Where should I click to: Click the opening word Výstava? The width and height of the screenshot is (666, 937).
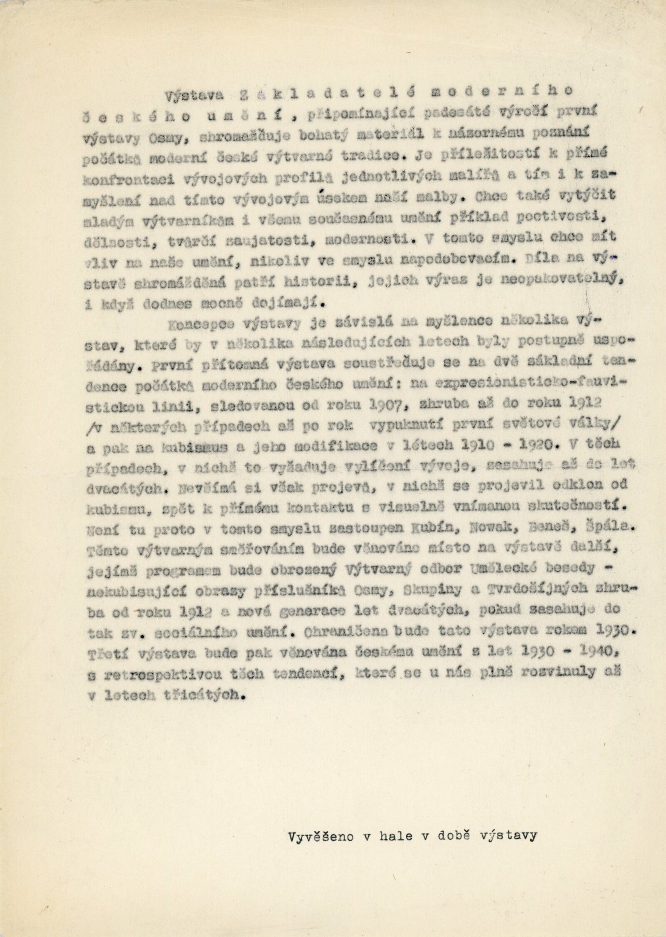[193, 95]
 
